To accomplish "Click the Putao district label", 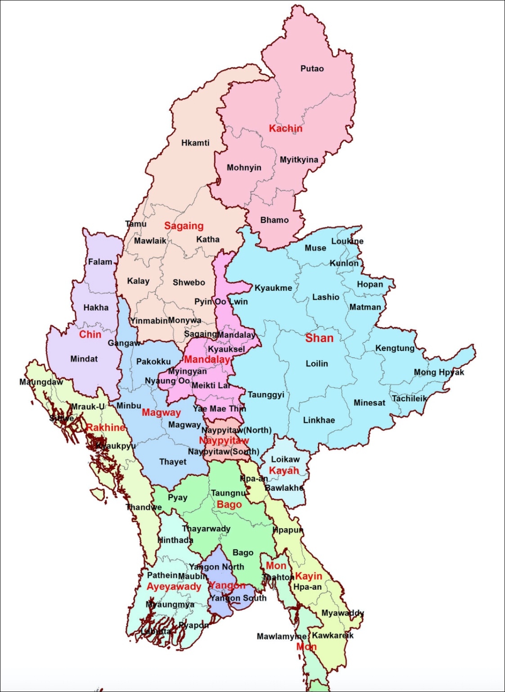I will (312, 68).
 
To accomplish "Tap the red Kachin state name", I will (285, 128).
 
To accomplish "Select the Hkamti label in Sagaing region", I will (195, 143).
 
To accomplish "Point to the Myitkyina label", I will (299, 160).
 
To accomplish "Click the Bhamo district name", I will (274, 220).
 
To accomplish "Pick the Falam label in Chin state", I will (100, 262).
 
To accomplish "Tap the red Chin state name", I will (90, 334).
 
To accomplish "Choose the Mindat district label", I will (84, 359).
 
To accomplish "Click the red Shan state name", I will (319, 338).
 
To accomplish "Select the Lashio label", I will (325, 297).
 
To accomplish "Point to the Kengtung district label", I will (395, 348).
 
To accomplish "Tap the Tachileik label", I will (409, 398).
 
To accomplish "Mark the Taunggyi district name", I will (266, 395).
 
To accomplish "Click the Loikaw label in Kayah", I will (285, 459).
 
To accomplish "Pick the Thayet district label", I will (172, 462).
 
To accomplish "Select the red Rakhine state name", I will (105, 427).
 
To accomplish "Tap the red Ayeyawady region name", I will (174, 586).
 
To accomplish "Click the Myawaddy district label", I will (343, 613).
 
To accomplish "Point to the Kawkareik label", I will (333, 635).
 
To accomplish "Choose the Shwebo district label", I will (189, 282).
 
